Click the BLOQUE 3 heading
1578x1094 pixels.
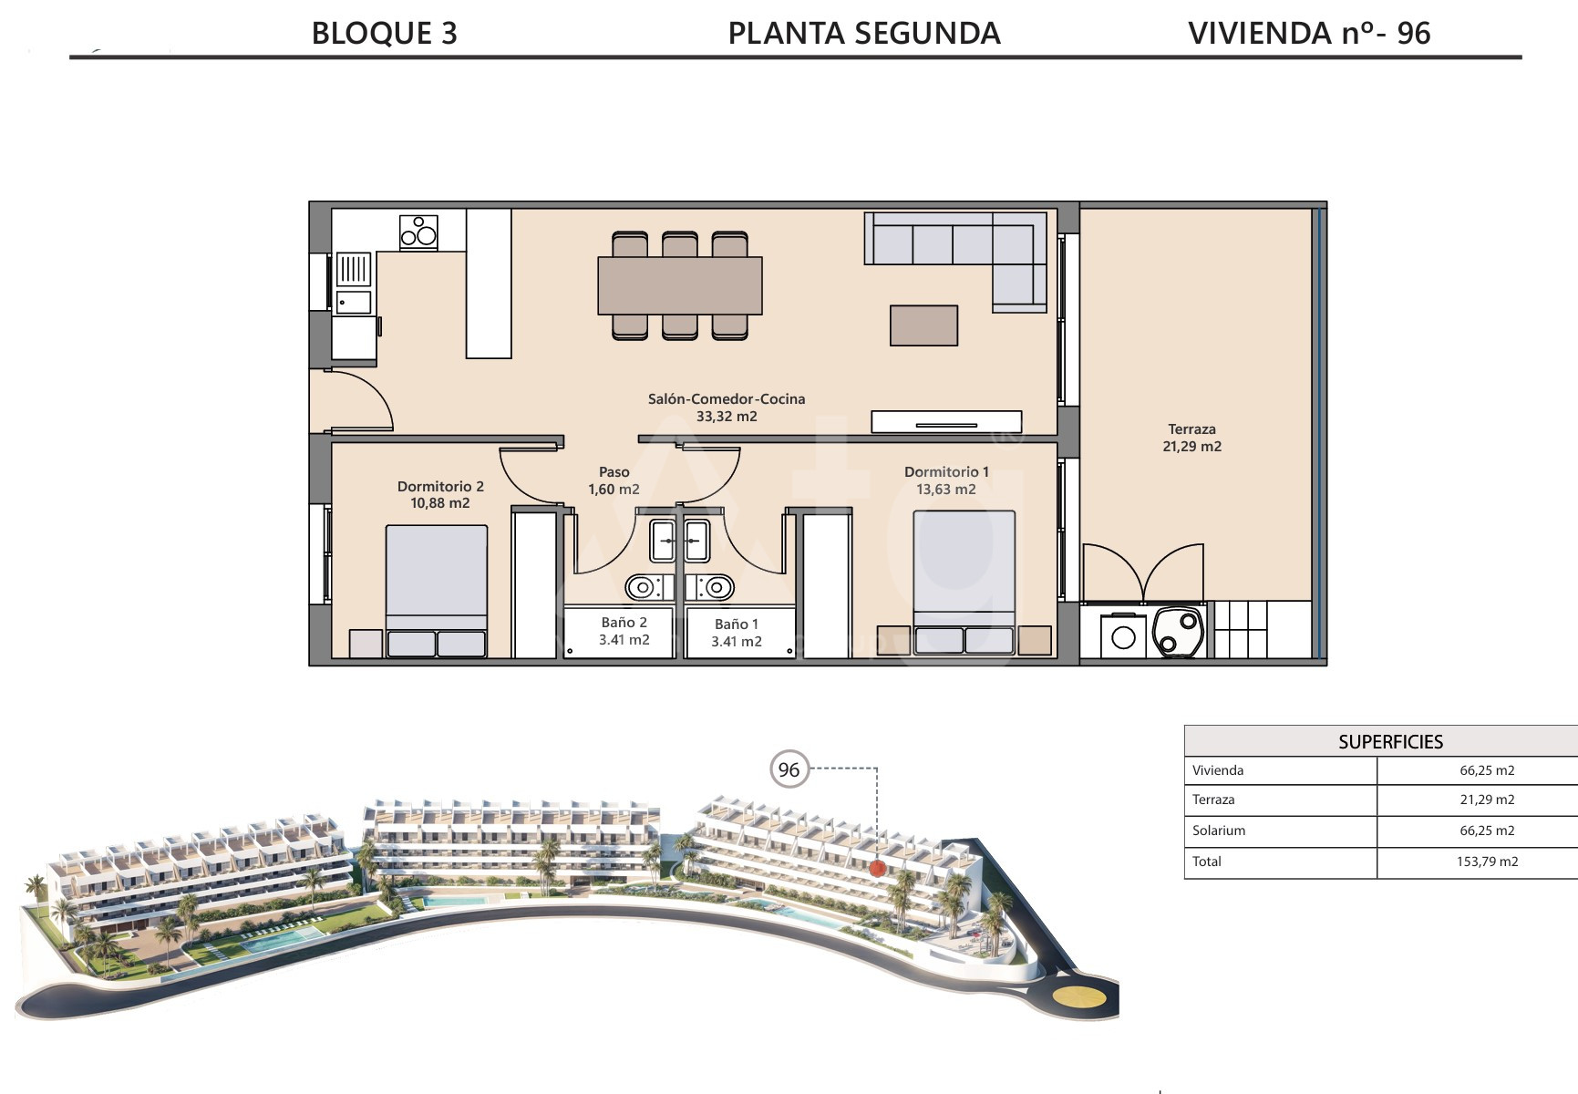384,34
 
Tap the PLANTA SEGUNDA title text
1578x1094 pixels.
864,34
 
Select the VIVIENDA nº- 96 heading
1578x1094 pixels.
1309,34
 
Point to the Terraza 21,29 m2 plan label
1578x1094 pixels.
1191,438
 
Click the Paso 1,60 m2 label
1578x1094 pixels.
614,480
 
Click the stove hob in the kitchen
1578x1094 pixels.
418,232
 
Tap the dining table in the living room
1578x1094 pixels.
680,285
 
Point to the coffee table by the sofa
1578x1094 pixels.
923,325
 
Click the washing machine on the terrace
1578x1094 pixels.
1123,635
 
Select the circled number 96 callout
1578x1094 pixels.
789,769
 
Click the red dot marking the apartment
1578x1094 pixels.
877,868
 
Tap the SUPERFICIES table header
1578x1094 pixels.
1390,742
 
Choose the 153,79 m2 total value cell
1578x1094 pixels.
1487,862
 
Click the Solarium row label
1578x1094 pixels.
1218,831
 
